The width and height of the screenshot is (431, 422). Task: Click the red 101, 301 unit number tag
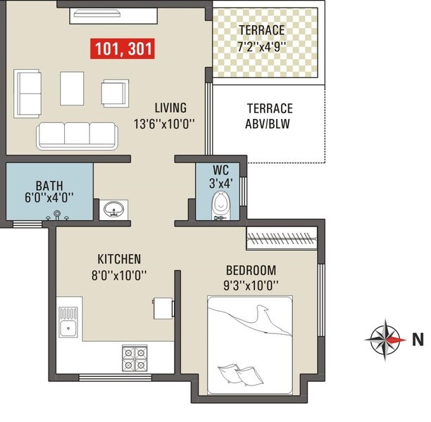pos(123,49)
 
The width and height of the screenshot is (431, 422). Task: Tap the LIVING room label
pos(170,108)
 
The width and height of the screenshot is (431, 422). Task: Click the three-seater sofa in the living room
pos(77,133)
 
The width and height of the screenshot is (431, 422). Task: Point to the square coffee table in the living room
pos(72,87)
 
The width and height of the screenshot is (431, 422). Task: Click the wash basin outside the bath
pos(113,209)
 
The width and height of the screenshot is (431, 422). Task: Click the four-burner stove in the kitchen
pos(135,358)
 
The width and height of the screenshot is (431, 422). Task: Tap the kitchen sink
pos(69,325)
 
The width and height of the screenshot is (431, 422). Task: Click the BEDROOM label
pos(251,270)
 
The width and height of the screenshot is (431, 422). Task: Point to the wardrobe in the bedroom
pos(281,239)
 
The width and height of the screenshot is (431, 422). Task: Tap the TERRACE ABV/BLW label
pos(269,116)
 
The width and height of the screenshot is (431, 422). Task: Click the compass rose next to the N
pos(386,339)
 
